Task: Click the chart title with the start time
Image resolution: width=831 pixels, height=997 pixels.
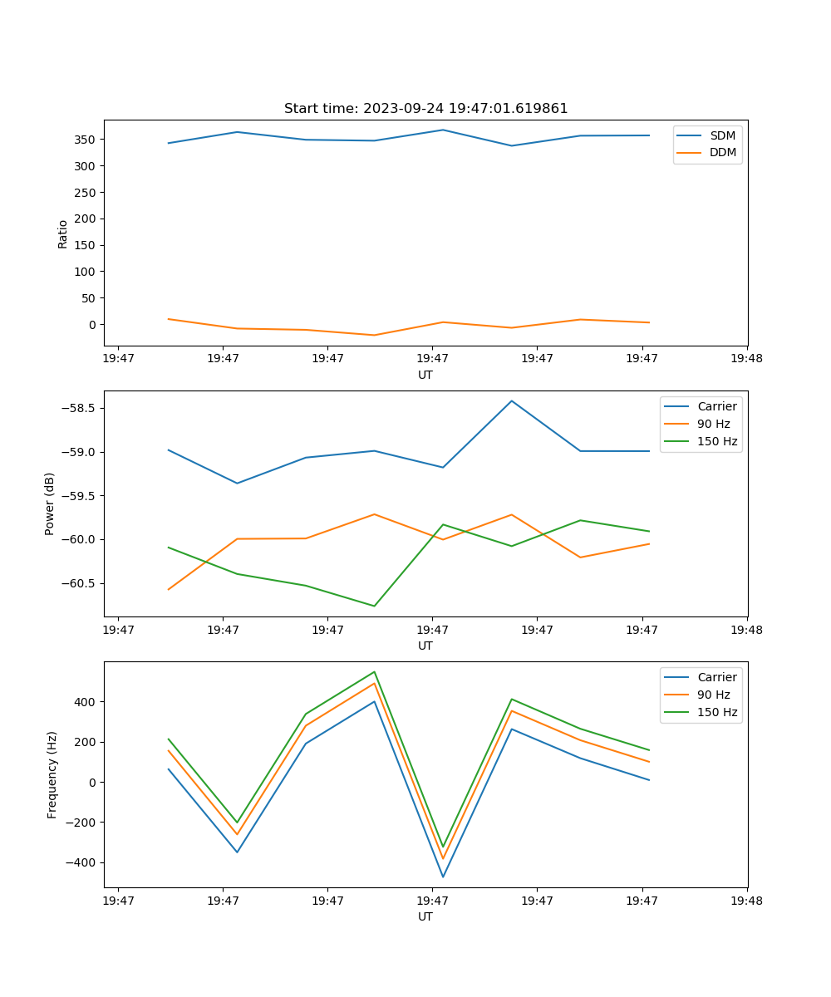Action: pos(425,109)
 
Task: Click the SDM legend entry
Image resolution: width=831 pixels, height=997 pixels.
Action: pos(722,135)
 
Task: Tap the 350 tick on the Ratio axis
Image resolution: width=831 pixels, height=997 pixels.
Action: pos(86,140)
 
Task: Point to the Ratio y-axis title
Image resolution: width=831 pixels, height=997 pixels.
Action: pos(63,233)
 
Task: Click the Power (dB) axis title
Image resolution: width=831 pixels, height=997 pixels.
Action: pos(50,503)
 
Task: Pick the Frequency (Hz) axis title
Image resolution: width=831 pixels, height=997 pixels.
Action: pos(52,774)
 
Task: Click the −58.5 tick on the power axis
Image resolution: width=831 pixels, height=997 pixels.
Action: pos(79,409)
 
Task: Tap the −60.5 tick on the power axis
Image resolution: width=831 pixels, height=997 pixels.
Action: pos(79,583)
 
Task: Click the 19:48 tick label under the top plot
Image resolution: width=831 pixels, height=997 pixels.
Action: pos(747,359)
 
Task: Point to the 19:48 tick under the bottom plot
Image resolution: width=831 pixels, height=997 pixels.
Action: pos(747,901)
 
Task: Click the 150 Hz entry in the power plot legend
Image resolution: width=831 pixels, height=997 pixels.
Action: pos(717,441)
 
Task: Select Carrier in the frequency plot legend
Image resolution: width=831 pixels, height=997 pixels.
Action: pos(716,677)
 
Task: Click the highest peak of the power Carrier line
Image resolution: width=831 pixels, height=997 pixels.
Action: pos(512,400)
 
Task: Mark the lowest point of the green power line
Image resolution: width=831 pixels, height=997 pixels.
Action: pos(374,606)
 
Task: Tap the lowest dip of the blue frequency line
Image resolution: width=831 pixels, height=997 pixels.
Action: pos(443,877)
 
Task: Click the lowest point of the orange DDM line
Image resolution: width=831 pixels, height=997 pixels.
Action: pos(374,335)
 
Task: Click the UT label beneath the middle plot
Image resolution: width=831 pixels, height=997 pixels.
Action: pos(425,646)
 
